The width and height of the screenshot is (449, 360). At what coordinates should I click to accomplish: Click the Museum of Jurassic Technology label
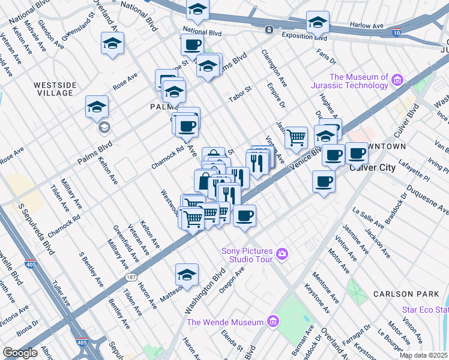[x=358, y=81]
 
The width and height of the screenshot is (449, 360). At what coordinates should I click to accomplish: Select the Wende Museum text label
[x=226, y=322]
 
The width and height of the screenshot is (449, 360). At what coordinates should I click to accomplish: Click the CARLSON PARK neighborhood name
[x=401, y=294]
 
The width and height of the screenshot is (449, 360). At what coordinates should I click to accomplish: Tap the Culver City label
[x=372, y=167]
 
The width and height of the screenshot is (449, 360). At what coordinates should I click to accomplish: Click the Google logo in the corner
[x=20, y=353]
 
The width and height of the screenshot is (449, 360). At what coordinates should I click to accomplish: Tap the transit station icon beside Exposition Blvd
[x=270, y=29]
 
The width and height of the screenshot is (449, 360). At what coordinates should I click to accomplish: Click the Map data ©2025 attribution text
[x=423, y=355]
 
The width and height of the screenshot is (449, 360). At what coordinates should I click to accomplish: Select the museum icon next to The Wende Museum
[x=273, y=322]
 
